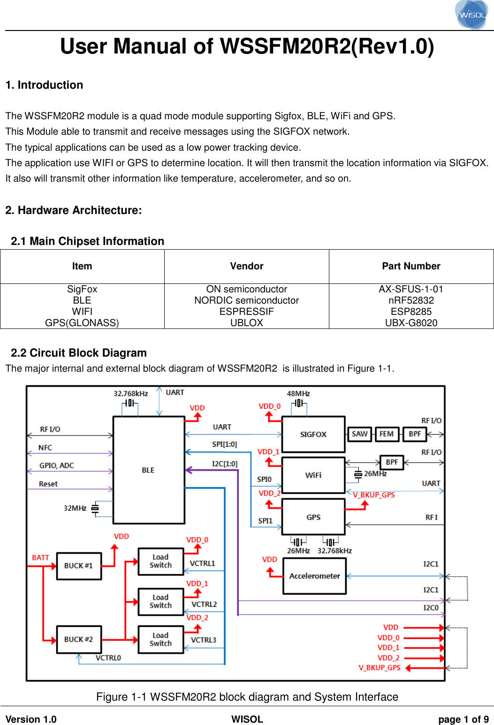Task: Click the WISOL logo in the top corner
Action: click(471, 15)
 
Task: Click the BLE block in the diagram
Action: click(149, 470)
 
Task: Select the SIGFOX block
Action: click(313, 435)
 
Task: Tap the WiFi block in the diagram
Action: click(313, 475)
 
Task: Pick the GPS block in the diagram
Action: click(313, 517)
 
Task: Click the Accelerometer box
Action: click(314, 576)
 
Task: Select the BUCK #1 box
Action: click(79, 566)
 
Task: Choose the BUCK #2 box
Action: click(79, 639)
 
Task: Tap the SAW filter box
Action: click(359, 434)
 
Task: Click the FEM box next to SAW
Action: click(387, 434)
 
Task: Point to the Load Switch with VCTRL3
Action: click(160, 639)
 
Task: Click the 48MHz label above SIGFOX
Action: click(298, 394)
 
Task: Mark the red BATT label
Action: click(40, 557)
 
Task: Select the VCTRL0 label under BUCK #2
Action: click(108, 658)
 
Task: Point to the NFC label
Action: click(45, 448)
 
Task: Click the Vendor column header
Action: click(247, 266)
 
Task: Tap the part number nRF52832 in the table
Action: click(411, 300)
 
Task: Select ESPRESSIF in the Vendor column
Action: click(247, 312)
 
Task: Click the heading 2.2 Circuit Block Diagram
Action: click(79, 353)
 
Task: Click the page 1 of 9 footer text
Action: click(463, 719)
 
